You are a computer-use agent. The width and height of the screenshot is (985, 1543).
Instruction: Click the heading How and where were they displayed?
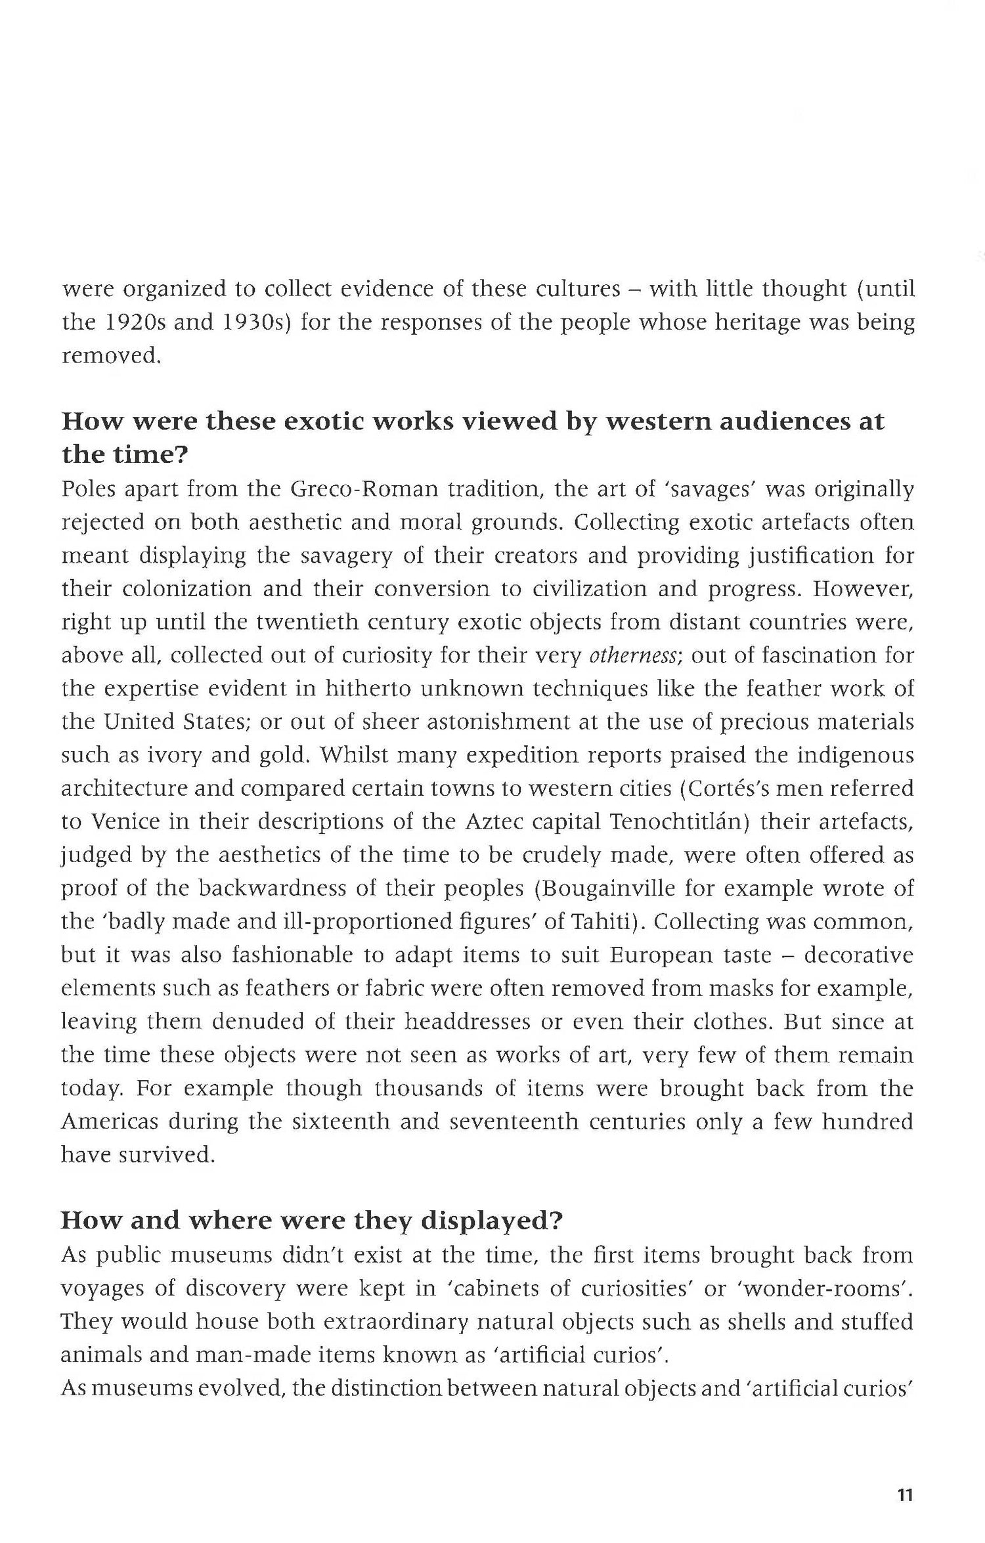pos(312,1220)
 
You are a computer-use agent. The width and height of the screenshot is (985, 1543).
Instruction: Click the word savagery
pos(345,555)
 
